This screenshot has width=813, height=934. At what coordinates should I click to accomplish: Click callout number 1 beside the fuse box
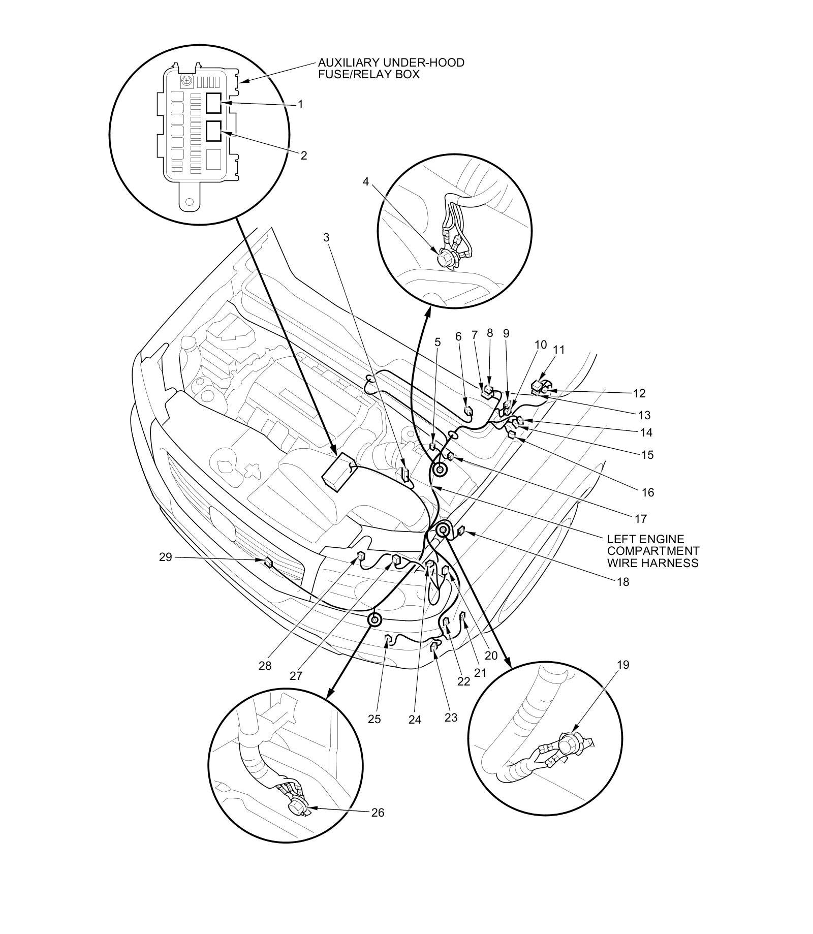(300, 104)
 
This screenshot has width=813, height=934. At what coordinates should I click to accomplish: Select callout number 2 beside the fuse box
(304, 155)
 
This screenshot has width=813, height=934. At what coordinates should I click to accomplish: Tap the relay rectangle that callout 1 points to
(213, 103)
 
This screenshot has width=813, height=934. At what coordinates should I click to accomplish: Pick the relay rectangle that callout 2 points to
(213, 131)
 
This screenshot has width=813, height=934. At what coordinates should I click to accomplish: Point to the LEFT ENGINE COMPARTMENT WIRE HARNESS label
(653, 551)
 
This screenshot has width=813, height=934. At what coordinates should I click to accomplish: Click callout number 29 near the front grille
(166, 557)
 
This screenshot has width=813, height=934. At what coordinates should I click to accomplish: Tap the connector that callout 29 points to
(268, 562)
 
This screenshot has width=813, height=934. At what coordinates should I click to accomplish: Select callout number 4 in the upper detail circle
(366, 181)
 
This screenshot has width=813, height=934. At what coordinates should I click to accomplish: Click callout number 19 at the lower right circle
(623, 665)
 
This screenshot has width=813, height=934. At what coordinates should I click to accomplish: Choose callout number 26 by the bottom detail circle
(378, 813)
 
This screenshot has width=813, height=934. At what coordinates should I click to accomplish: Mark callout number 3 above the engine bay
(326, 237)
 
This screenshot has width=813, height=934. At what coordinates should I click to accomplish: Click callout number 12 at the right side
(639, 393)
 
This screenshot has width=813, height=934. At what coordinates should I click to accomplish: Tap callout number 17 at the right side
(641, 519)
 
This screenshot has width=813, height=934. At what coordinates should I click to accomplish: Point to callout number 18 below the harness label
(623, 582)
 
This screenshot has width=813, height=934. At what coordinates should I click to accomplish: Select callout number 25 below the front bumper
(374, 719)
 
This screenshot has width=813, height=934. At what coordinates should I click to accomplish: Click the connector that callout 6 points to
(468, 411)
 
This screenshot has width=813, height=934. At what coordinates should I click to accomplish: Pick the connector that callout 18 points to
(461, 532)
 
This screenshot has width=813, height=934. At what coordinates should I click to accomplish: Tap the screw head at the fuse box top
(188, 80)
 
